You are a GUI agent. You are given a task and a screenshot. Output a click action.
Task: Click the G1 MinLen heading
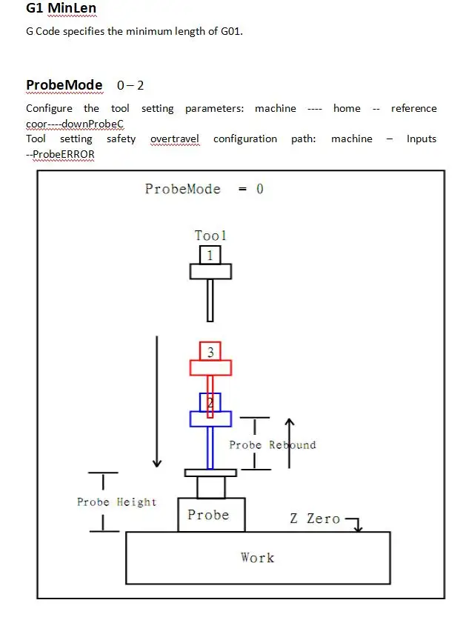pyautogui.click(x=61, y=10)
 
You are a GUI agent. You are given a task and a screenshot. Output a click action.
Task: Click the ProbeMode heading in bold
pyautogui.click(x=64, y=85)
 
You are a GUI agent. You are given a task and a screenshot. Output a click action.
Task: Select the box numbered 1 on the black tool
pyautogui.click(x=210, y=256)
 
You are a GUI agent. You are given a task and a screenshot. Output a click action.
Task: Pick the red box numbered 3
pyautogui.click(x=210, y=352)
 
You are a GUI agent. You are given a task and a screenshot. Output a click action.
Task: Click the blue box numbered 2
pyautogui.click(x=210, y=402)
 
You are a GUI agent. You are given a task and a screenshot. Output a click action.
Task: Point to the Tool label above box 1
pyautogui.click(x=210, y=236)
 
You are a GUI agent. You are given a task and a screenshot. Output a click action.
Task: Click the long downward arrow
pyautogui.click(x=157, y=400)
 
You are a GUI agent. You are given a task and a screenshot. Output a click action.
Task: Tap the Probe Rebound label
pyautogui.click(x=272, y=445)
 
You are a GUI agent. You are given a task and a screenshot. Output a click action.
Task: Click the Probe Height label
pyautogui.click(x=117, y=502)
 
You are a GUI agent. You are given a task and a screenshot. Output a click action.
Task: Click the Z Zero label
pyautogui.click(x=315, y=519)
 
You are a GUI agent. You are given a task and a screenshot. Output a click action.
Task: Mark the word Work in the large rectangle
pyautogui.click(x=257, y=557)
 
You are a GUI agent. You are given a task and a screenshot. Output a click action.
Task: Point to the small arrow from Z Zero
pyautogui.click(x=356, y=524)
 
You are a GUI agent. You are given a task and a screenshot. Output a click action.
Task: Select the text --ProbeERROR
pyautogui.click(x=60, y=154)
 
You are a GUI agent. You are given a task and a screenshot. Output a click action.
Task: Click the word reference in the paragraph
pyautogui.click(x=413, y=108)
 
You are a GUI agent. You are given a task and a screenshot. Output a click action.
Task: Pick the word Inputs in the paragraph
pyautogui.click(x=421, y=139)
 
